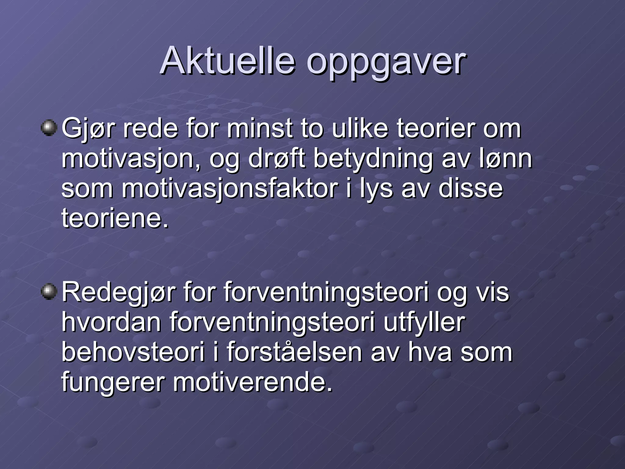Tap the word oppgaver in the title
[x=386, y=63]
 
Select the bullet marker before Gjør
[x=49, y=128]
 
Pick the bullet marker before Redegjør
[x=49, y=292]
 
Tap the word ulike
[x=360, y=129]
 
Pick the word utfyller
[x=424, y=323]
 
